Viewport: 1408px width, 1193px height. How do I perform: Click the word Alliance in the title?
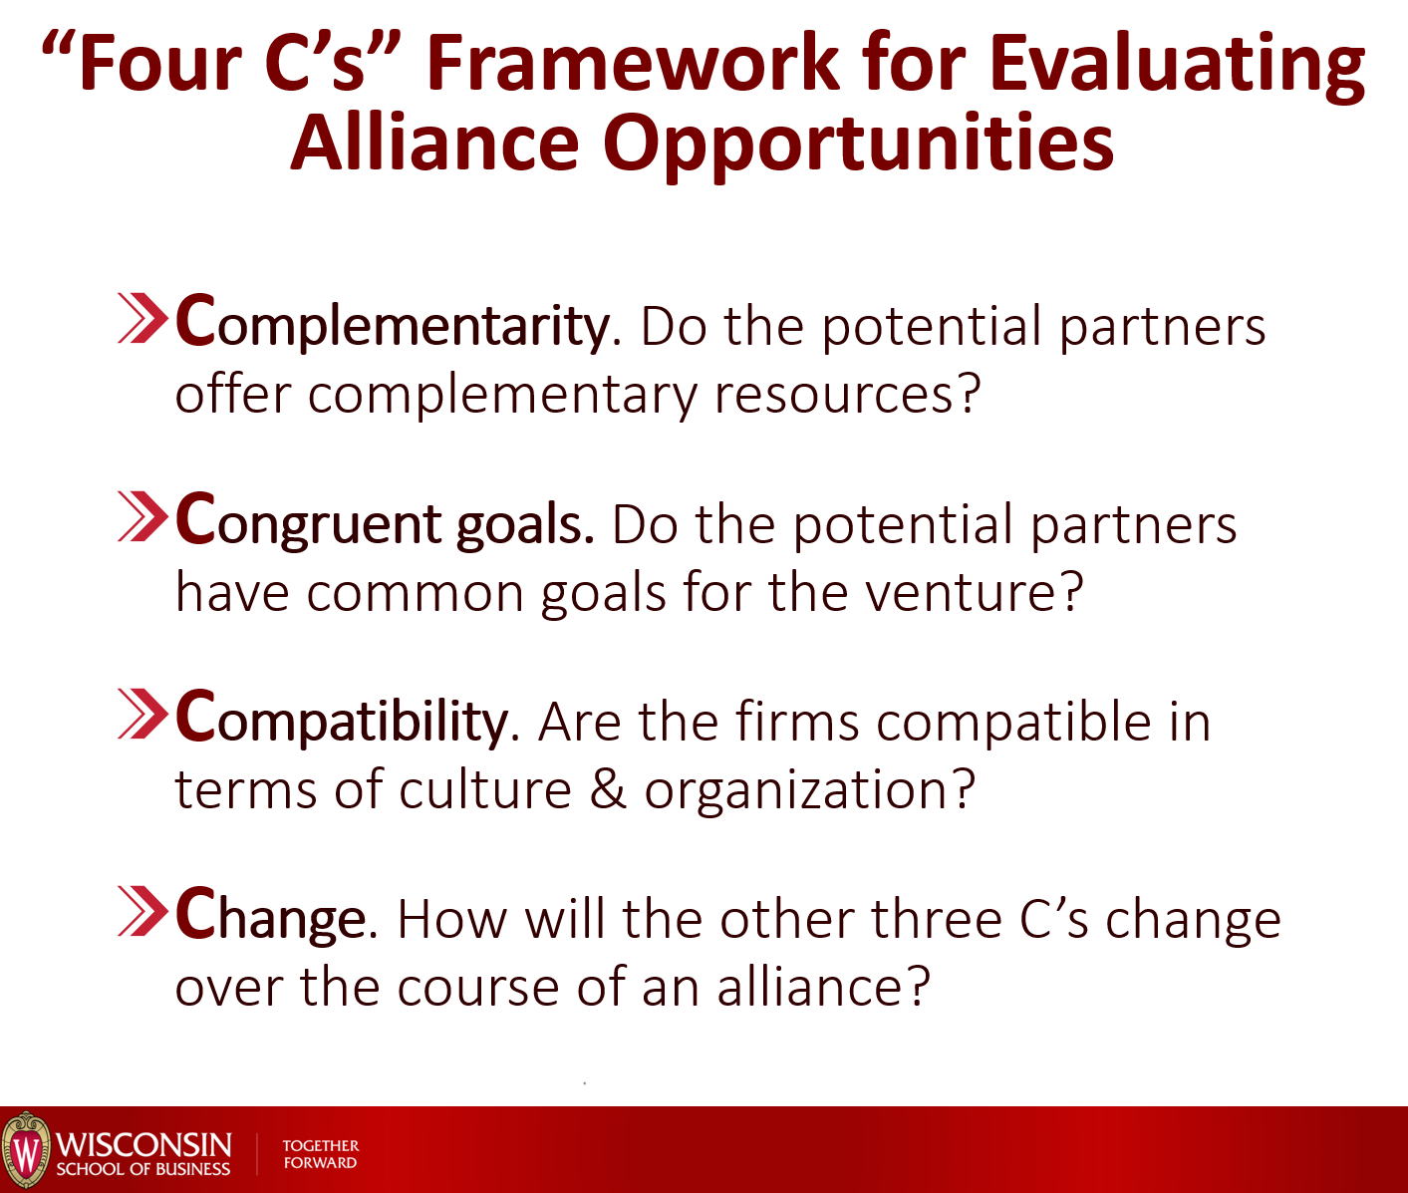pyautogui.click(x=434, y=143)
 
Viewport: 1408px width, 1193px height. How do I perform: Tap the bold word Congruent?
pyautogui.click(x=309, y=522)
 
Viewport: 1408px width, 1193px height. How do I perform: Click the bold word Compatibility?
pyautogui.click(x=341, y=721)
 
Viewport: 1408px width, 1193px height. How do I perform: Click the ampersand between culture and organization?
pyautogui.click(x=607, y=789)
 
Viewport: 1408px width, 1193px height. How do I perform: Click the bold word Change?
pyautogui.click(x=270, y=917)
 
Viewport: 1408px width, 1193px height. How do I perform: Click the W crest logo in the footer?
pyautogui.click(x=26, y=1150)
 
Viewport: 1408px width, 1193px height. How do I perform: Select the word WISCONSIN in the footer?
pyautogui.click(x=143, y=1144)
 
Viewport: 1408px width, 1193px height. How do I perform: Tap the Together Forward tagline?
pyautogui.click(x=321, y=1153)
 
